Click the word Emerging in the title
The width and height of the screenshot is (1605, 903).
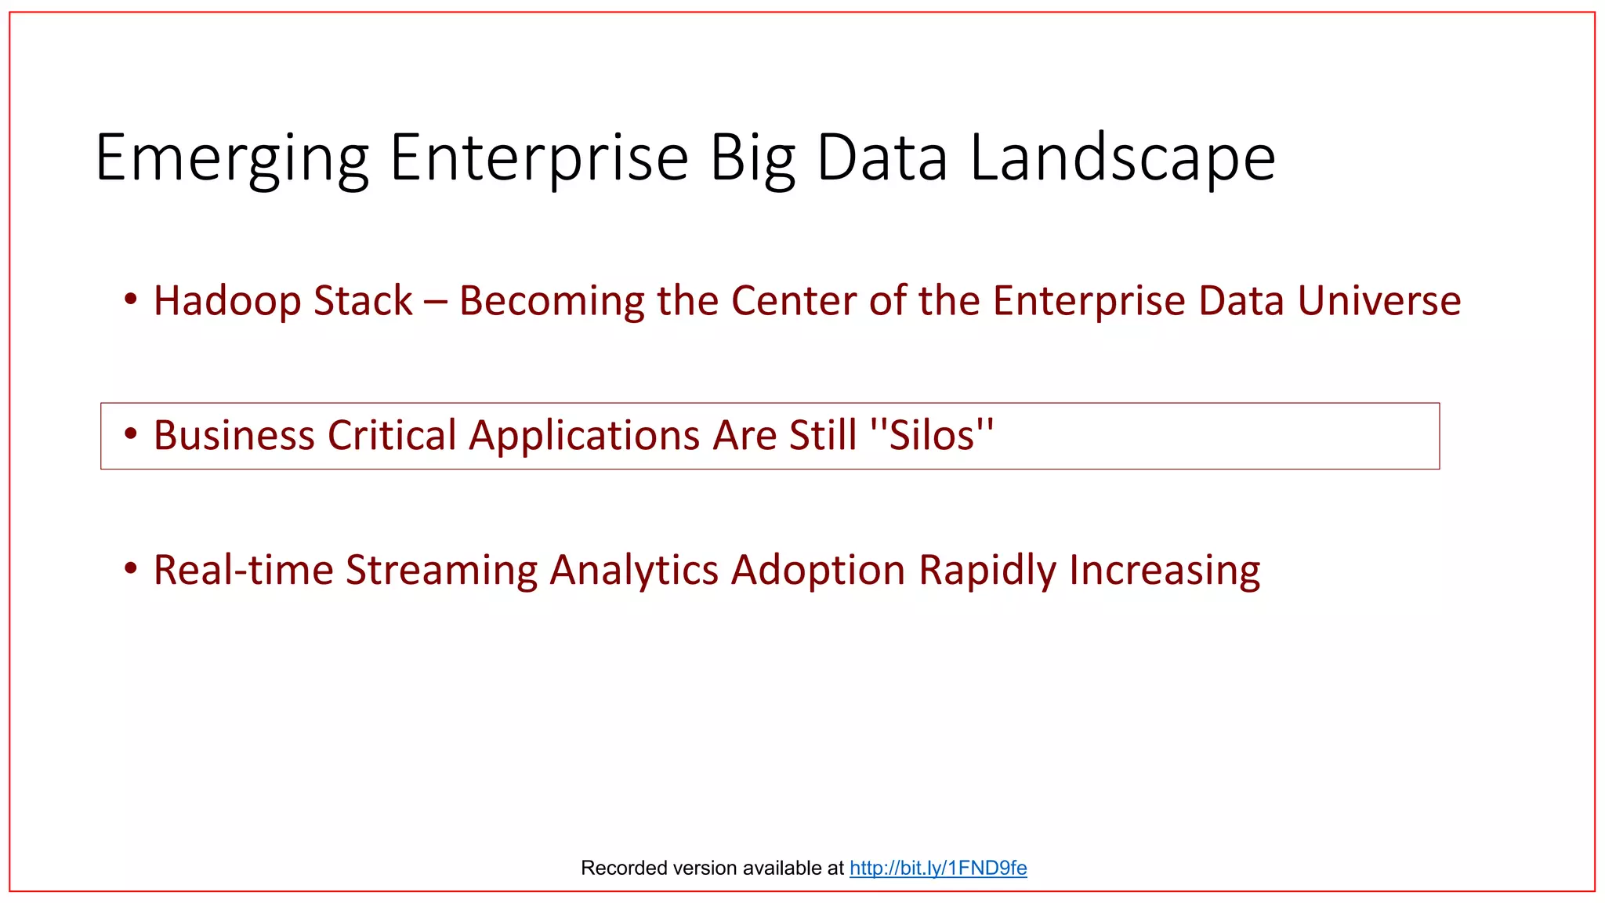[232, 159]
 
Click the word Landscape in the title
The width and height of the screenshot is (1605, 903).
[1122, 159]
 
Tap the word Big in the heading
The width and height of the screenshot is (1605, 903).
[753, 159]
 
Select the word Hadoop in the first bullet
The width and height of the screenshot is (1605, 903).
[226, 301]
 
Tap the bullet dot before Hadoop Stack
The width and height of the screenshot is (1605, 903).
[131, 299]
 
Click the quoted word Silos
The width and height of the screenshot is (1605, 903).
[933, 436]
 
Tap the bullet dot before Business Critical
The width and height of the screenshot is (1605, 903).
[131, 433]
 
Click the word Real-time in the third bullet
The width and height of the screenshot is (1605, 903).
[243, 570]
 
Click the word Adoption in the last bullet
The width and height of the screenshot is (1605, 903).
[818, 570]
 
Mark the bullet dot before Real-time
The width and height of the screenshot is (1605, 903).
[131, 568]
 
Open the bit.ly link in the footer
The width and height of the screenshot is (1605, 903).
[938, 868]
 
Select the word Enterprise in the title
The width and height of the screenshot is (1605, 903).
[539, 159]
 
